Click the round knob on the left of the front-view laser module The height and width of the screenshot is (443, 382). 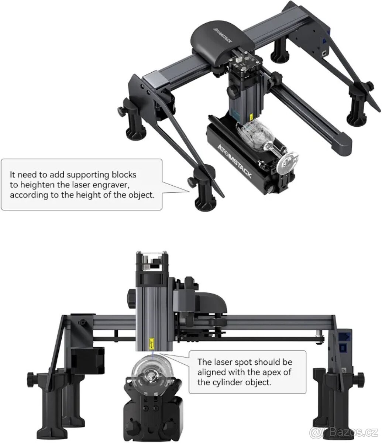coord(132,296)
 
